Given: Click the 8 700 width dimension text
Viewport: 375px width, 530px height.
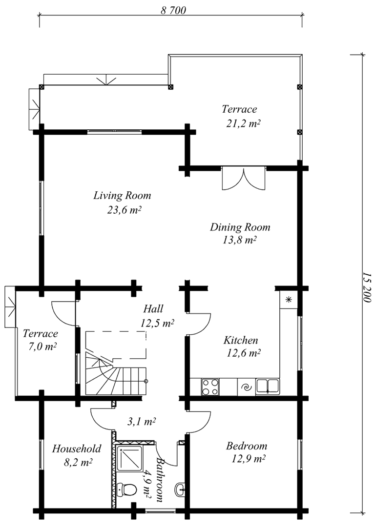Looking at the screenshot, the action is [173, 10].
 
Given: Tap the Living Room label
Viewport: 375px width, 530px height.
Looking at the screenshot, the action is [122, 195].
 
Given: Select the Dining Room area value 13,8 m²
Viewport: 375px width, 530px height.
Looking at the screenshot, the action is [239, 240].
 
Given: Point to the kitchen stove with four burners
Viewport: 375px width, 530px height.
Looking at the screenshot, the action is [210, 387].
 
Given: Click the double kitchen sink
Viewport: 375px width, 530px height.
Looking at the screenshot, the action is [268, 387].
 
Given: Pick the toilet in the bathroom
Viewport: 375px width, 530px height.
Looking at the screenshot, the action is [126, 489].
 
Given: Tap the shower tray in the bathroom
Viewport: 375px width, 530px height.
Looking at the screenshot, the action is [129, 458].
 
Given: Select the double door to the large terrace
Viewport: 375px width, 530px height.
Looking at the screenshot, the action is [244, 178].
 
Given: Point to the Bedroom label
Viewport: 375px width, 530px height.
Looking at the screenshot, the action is [247, 446].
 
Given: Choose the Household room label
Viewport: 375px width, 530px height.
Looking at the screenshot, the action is [77, 448].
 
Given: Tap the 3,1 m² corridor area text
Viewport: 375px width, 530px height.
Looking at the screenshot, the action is [141, 422].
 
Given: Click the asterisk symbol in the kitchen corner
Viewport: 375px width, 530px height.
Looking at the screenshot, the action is [289, 300].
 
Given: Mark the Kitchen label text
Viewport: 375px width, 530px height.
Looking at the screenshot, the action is [240, 340].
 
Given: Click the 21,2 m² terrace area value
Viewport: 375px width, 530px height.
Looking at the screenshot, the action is [243, 123].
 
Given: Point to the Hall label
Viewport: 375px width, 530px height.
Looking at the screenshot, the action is [153, 308].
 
